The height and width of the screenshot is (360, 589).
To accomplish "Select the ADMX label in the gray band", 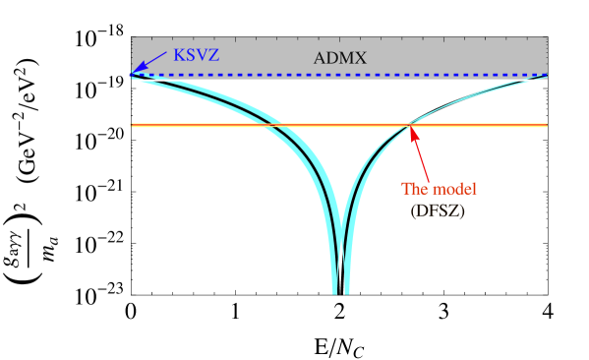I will click(339, 58).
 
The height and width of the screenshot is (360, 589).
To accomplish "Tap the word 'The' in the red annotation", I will click(416, 189).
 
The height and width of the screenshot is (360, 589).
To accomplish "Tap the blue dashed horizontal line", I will click(295, 75).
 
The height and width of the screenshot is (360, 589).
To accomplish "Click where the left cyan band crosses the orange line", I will click(269, 125).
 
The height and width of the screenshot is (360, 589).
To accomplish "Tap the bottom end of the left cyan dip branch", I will click(334, 292).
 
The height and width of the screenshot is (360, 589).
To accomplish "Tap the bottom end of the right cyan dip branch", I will click(346, 292).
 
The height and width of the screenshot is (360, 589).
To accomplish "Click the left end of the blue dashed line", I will click(133, 75).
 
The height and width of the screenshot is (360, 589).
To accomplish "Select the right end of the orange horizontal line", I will click(546, 125).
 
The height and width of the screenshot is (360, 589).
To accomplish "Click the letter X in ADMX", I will click(360, 58).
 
